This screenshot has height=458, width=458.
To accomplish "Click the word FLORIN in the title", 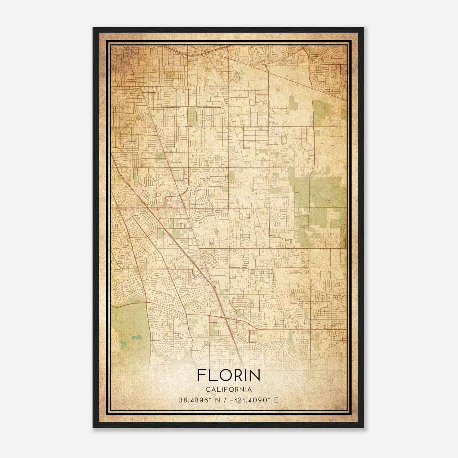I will tap(228, 375).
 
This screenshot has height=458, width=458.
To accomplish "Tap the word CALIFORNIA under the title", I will tap(228, 390).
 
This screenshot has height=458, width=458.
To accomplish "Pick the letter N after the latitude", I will tap(218, 400).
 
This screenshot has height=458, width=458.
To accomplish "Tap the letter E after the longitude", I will tap(276, 400).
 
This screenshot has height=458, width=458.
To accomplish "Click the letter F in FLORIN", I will tap(201, 375).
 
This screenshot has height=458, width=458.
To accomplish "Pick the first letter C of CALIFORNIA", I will tap(207, 390).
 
